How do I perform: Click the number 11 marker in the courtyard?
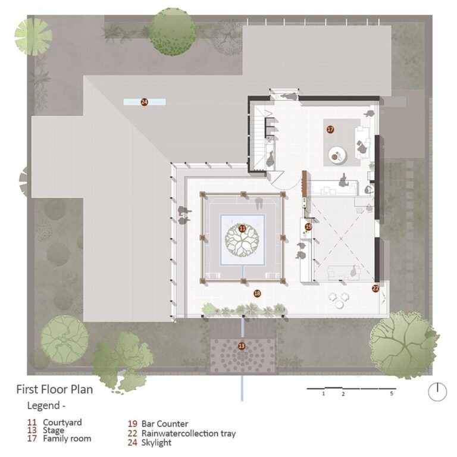point(242,228)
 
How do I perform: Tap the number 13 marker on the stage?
point(242,346)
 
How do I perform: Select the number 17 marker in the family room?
point(330,129)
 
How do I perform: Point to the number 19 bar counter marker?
point(308,227)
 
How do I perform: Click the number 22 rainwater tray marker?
point(375,289)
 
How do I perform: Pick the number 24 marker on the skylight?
point(144,102)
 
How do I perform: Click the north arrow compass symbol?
point(437,391)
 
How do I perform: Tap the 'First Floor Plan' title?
point(54,390)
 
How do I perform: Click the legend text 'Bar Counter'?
point(165,424)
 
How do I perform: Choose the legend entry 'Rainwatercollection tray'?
point(189,433)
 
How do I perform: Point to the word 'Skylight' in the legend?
point(156,443)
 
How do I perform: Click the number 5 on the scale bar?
point(392,394)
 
